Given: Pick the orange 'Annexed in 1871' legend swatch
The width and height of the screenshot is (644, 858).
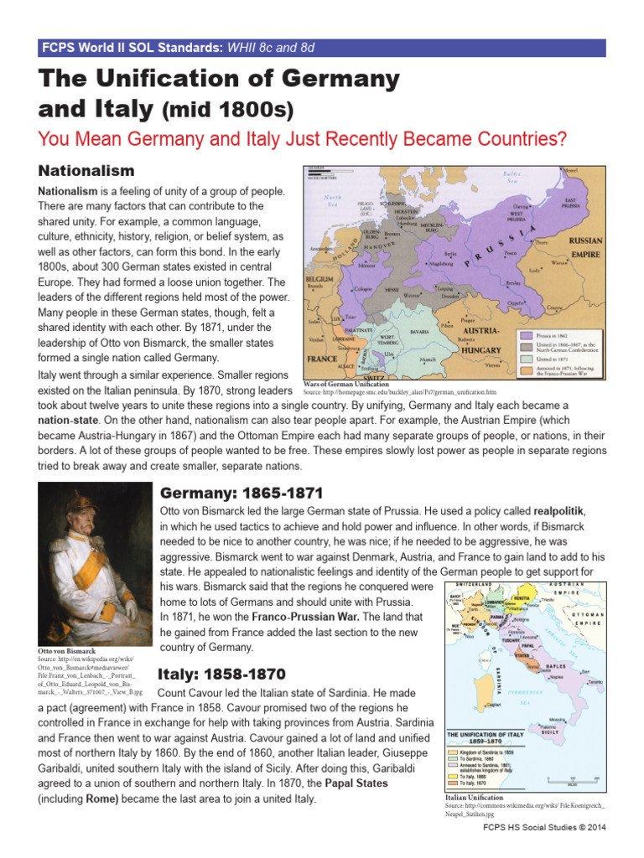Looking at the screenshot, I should point(525,368).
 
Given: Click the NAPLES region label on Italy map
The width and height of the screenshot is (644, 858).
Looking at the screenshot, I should point(557,666).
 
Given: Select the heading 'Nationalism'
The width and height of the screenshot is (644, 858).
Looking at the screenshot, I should point(86,171).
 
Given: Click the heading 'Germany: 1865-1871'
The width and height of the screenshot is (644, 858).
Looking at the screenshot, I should point(236,492).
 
